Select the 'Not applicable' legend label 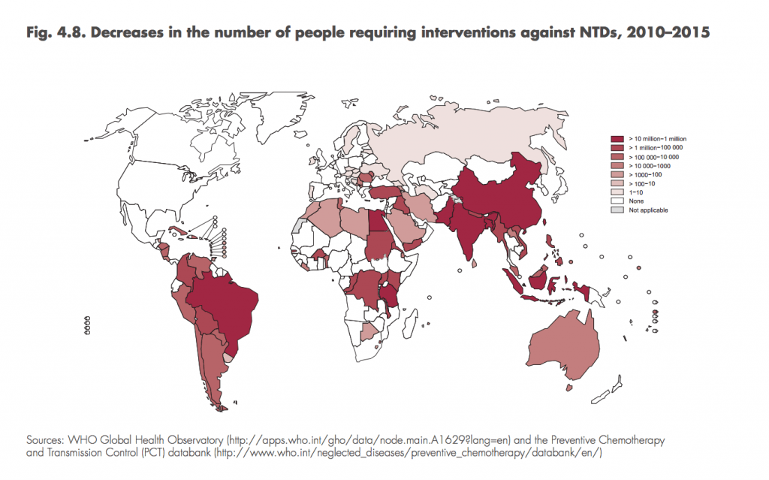pyautogui.click(x=648, y=210)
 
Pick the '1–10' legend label pyautogui.click(x=636, y=192)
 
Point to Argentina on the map pyautogui.click(x=213, y=368)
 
